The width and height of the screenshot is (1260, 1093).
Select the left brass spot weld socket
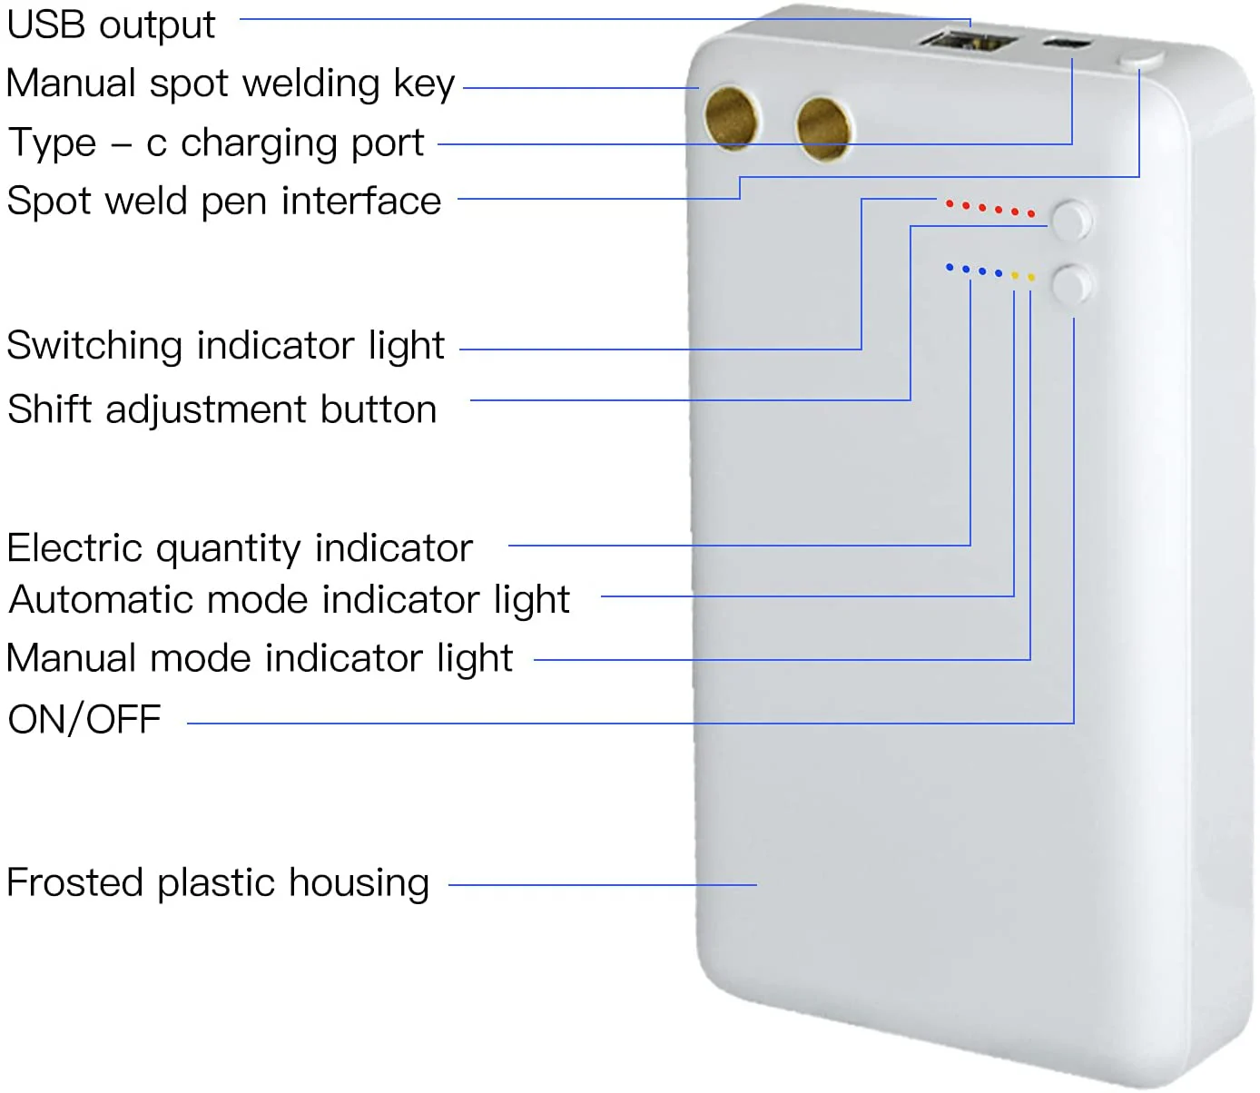pyautogui.click(x=732, y=118)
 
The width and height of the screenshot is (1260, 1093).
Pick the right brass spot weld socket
pyautogui.click(x=823, y=127)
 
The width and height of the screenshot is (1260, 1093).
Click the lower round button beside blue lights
pyautogui.click(x=1071, y=285)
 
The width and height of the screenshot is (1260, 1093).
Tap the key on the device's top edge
pyautogui.click(x=1140, y=60)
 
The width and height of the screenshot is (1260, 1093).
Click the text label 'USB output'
pyautogui.click(x=111, y=25)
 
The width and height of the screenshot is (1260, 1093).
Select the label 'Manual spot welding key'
pyautogui.click(x=230, y=84)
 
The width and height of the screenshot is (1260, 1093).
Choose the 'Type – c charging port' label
pyautogui.click(x=216, y=143)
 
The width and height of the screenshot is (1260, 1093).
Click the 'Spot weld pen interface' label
pyautogui.click(x=223, y=202)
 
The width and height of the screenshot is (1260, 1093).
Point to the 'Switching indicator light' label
pyautogui.click(x=225, y=346)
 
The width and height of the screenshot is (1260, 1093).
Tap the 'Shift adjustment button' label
pyautogui.click(x=222, y=409)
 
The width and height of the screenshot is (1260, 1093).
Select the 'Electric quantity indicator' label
pyautogui.click(x=240, y=548)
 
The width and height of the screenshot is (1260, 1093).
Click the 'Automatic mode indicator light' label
pyautogui.click(x=289, y=600)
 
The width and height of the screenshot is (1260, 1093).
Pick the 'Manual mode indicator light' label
pyautogui.click(x=260, y=658)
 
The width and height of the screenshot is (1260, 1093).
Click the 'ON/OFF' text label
pyautogui.click(x=84, y=720)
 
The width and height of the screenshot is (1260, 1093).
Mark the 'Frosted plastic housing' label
pyautogui.click(x=218, y=883)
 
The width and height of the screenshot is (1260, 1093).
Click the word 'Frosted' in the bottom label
pyautogui.click(x=74, y=882)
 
